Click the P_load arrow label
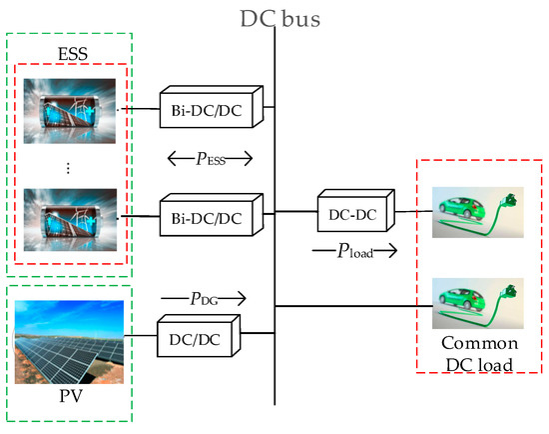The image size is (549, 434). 355,252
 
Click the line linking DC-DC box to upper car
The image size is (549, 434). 411,211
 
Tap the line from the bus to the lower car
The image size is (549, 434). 349,306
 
